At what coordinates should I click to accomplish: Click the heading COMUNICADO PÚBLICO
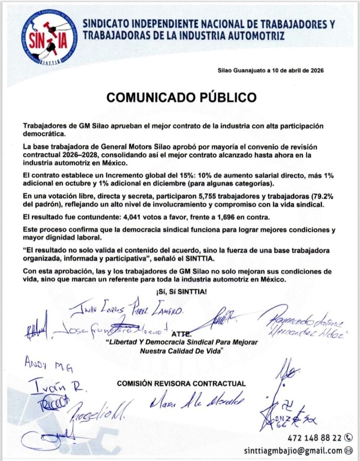[181, 98]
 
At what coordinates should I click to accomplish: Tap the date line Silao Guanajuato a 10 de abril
[271, 71]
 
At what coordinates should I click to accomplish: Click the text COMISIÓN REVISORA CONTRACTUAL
[181, 384]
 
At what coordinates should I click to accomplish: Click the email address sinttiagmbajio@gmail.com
[293, 450]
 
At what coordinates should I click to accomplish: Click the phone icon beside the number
[348, 438]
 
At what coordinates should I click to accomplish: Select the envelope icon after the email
[348, 450]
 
